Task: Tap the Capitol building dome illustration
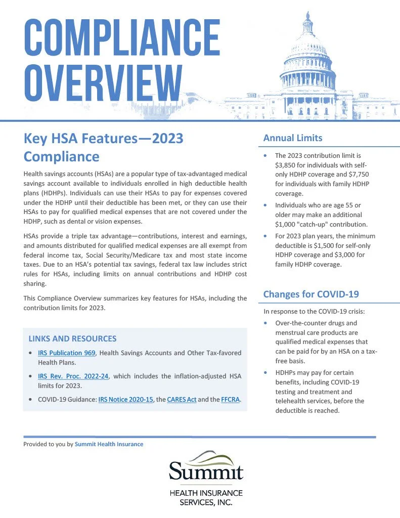click(307, 51)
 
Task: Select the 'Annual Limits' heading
click(293, 138)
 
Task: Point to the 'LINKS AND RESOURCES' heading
click(72, 338)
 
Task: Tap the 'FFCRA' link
click(230, 400)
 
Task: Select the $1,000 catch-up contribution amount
click(286, 224)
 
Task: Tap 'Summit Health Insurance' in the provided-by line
click(109, 444)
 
